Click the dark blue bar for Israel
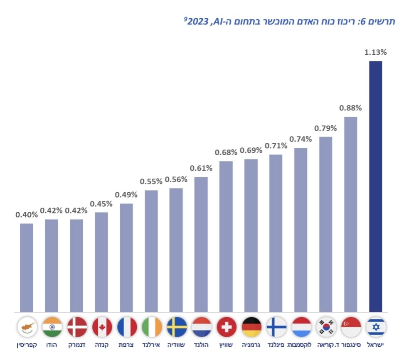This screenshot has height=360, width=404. pyautogui.click(x=375, y=187)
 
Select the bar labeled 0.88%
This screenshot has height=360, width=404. pyautogui.click(x=350, y=214)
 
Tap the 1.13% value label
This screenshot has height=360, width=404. pyautogui.click(x=375, y=53)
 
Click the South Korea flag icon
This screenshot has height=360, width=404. pyautogui.click(x=326, y=327)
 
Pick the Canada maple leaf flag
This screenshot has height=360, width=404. pyautogui.click(x=102, y=327)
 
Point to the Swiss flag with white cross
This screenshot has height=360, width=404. pyautogui.click(x=227, y=327)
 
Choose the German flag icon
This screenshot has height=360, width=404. pyautogui.click(x=251, y=327)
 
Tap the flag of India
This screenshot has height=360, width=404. pyautogui.click(x=52, y=327)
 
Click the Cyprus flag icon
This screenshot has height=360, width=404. pyautogui.click(x=27, y=327)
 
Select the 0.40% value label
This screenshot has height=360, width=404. pyautogui.click(x=27, y=215)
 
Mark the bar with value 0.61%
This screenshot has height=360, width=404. pyautogui.click(x=201, y=245)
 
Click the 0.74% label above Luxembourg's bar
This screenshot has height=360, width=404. pyautogui.click(x=300, y=139)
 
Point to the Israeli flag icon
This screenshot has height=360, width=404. pyautogui.click(x=376, y=327)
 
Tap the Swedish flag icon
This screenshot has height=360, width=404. pyautogui.click(x=177, y=327)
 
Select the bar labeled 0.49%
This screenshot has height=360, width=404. pyautogui.click(x=126, y=258)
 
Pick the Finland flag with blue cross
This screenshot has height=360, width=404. pyautogui.click(x=276, y=327)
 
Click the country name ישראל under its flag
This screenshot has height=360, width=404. pyautogui.click(x=376, y=345)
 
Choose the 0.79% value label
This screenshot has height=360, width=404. pyautogui.click(x=325, y=128)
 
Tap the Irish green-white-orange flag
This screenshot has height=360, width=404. pyautogui.click(x=152, y=327)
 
